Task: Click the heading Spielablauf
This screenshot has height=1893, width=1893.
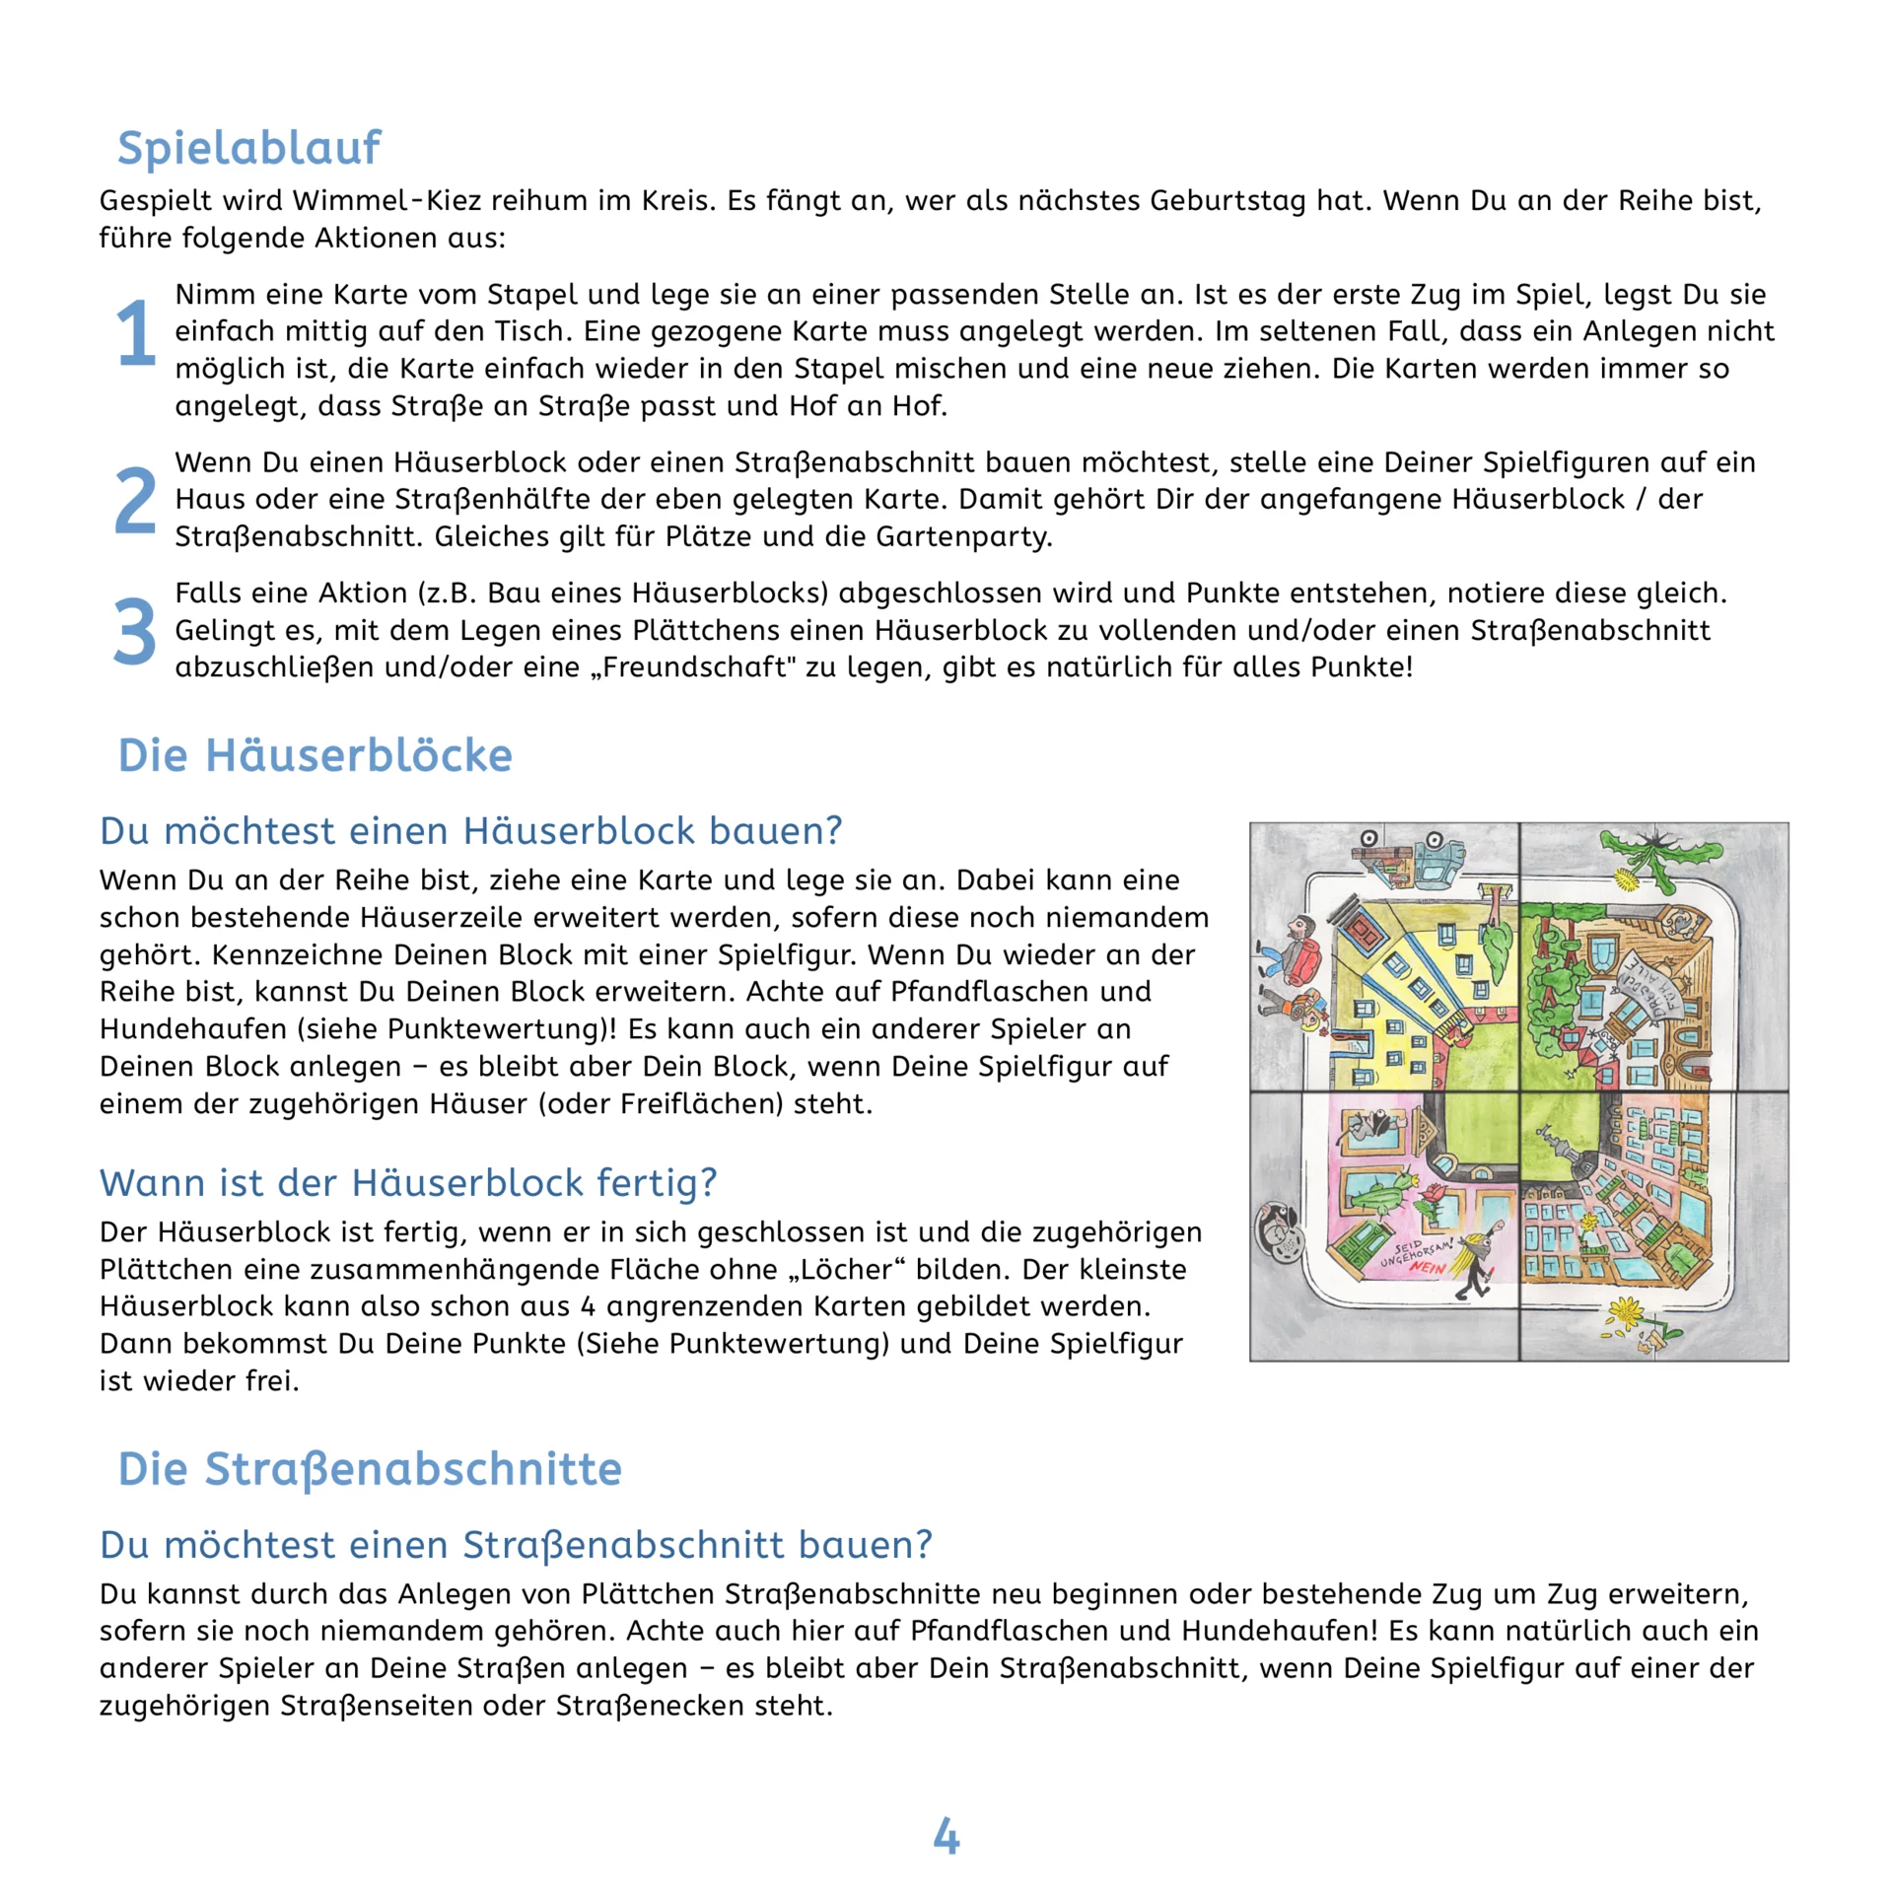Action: click(248, 148)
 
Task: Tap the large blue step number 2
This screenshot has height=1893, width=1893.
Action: click(135, 500)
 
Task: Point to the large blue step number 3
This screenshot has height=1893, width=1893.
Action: click(135, 631)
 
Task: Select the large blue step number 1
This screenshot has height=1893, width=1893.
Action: click(135, 332)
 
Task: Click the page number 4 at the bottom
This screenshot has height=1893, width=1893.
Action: click(946, 1836)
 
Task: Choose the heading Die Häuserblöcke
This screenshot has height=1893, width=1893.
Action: click(315, 755)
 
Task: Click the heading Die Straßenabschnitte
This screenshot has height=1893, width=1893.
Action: click(370, 1468)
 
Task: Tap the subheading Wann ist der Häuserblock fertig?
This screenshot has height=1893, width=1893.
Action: click(408, 1182)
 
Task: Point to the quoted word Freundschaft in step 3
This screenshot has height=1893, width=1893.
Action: click(693, 667)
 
